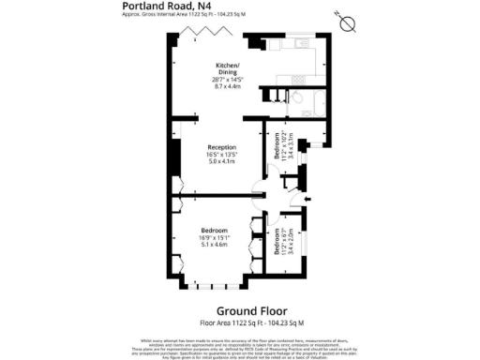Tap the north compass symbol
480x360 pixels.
point(348,22)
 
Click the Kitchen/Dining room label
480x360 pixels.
point(227,68)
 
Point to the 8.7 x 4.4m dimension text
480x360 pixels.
point(227,85)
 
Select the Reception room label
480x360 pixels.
point(221,147)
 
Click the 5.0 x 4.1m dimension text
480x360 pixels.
point(221,162)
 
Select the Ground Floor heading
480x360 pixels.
point(252,310)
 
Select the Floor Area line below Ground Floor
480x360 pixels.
point(252,322)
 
